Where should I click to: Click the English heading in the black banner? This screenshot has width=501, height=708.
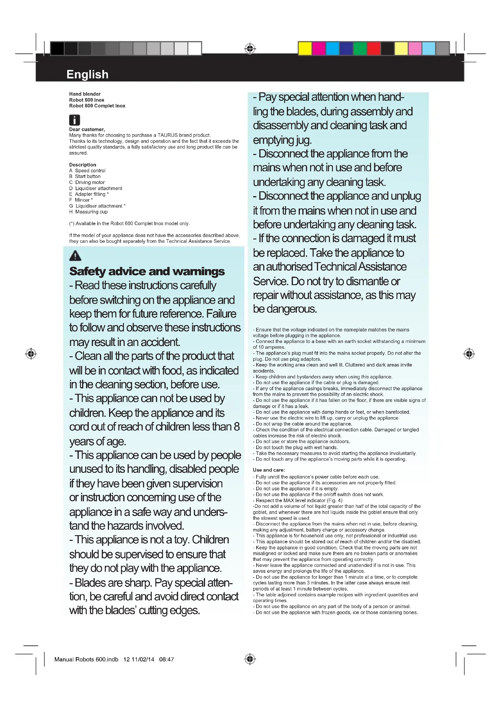pyautogui.click(x=87, y=74)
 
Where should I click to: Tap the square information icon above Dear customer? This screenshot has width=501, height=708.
pyautogui.click(x=74, y=120)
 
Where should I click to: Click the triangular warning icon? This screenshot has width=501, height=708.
pyautogui.click(x=75, y=256)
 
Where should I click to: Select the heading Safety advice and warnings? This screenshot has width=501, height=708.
pyautogui.click(x=147, y=271)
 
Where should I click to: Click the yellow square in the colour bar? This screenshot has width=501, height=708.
pyautogui.click(x=305, y=49)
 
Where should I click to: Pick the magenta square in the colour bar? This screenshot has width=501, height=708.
pyautogui.click(x=319, y=49)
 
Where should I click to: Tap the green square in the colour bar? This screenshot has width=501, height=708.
pyautogui.click(x=360, y=49)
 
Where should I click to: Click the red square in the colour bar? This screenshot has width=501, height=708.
pyautogui.click(x=373, y=49)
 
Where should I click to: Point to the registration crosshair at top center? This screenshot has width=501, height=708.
pyautogui.click(x=250, y=49)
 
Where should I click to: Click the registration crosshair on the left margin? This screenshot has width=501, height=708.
pyautogui.click(x=31, y=354)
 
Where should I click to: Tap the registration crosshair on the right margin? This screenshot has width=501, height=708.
pyautogui.click(x=469, y=354)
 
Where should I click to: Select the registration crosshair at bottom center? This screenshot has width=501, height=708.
pyautogui.click(x=250, y=659)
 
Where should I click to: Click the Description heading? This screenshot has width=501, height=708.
pyautogui.click(x=83, y=165)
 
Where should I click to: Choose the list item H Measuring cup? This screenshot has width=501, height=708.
pyautogui.click(x=88, y=212)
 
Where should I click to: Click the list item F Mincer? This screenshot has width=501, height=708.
pyautogui.click(x=81, y=200)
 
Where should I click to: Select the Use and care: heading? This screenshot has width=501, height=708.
pyautogui.click(x=269, y=470)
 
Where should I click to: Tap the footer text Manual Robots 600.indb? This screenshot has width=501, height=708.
pyautogui.click(x=86, y=659)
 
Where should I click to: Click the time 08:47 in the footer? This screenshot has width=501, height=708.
pyautogui.click(x=167, y=659)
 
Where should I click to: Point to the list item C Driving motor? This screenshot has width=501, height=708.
pyautogui.click(x=87, y=182)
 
